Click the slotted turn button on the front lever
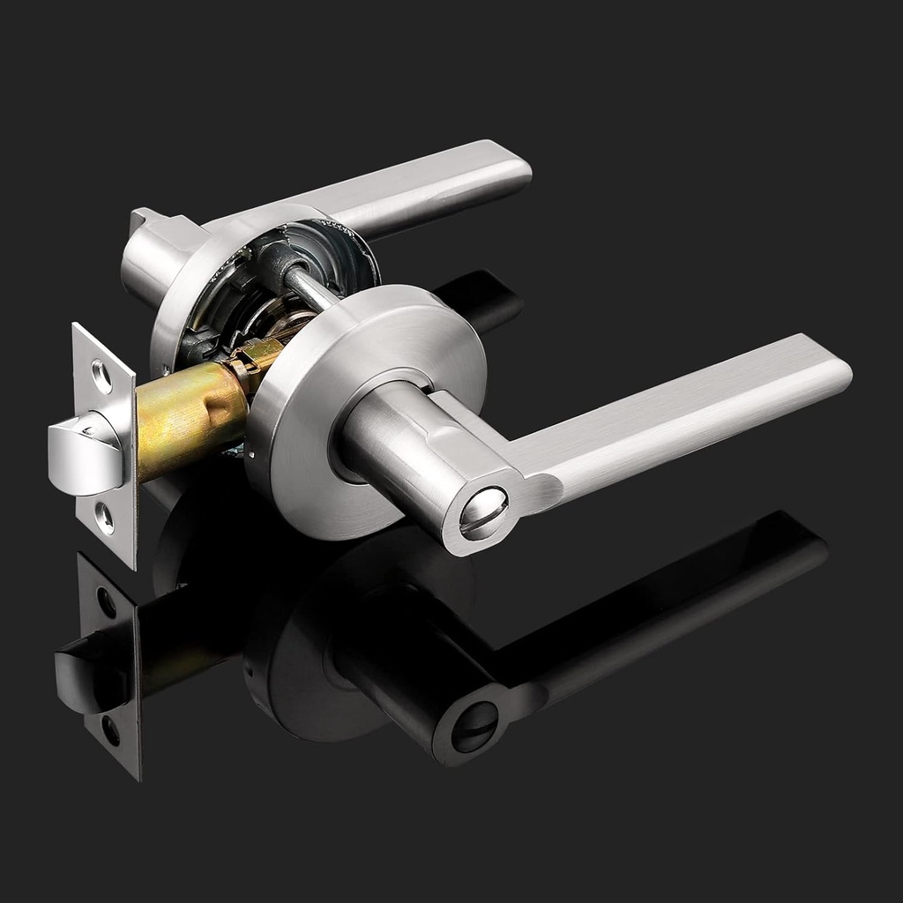click(483, 514)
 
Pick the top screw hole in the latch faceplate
click(101, 377)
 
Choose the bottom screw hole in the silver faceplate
click(104, 518)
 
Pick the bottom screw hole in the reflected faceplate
click(110, 729)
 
